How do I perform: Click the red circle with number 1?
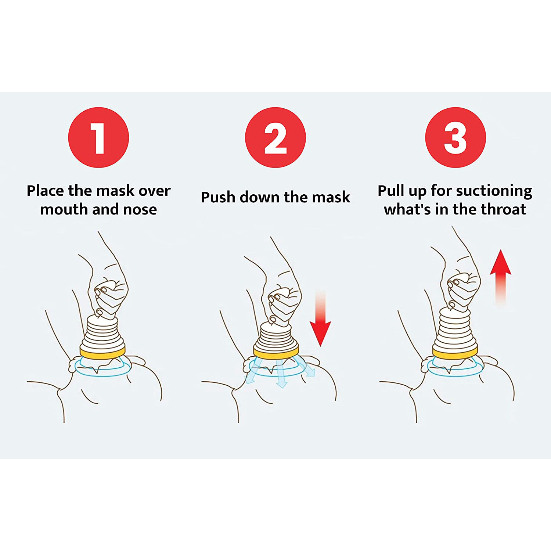(98, 137)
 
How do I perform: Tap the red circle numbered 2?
(275, 137)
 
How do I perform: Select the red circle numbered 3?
(455, 137)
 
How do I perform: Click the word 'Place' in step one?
(45, 191)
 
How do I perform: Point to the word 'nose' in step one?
(140, 209)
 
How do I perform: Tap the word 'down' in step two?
(260, 197)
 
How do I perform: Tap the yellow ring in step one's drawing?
(102, 353)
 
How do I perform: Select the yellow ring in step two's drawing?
(276, 354)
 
